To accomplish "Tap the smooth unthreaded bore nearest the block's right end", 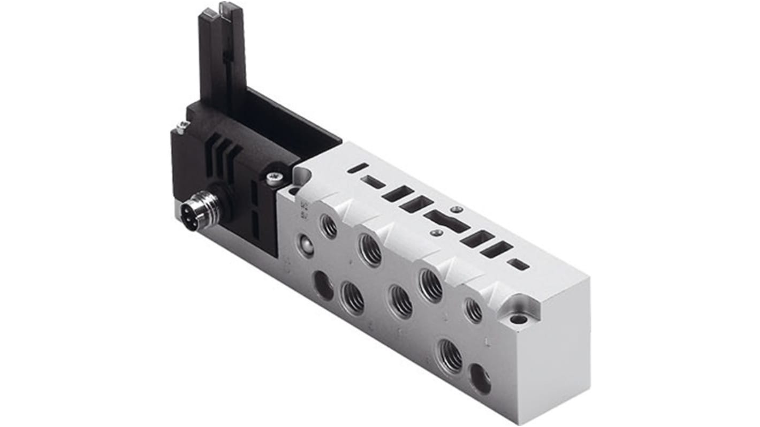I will [480, 379].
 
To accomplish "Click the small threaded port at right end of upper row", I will [473, 310].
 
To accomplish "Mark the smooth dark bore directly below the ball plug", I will [323, 285].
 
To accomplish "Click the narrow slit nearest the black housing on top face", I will [356, 170].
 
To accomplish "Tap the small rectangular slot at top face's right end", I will [518, 263].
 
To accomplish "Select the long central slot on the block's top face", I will [447, 221].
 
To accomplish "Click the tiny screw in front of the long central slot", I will [437, 233].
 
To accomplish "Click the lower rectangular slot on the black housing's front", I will [255, 225].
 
